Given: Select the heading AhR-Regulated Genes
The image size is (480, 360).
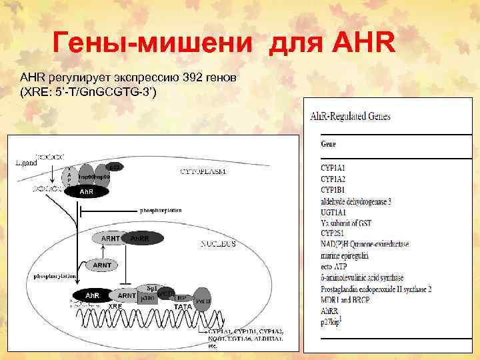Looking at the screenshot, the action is (x=351, y=115).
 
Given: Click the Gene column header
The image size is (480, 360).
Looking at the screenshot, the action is (x=329, y=143).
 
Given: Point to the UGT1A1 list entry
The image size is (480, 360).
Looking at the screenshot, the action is (x=335, y=211).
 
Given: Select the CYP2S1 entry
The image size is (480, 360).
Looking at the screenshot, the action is (x=335, y=233).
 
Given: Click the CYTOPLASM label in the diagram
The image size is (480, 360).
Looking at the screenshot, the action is (x=203, y=172).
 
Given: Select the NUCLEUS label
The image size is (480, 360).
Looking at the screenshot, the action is (x=218, y=245).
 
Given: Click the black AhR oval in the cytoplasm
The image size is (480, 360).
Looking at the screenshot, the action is (x=87, y=192).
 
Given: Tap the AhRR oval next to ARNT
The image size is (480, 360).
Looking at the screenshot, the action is (x=139, y=238).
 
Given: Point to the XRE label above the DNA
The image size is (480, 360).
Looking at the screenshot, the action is (x=115, y=307).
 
